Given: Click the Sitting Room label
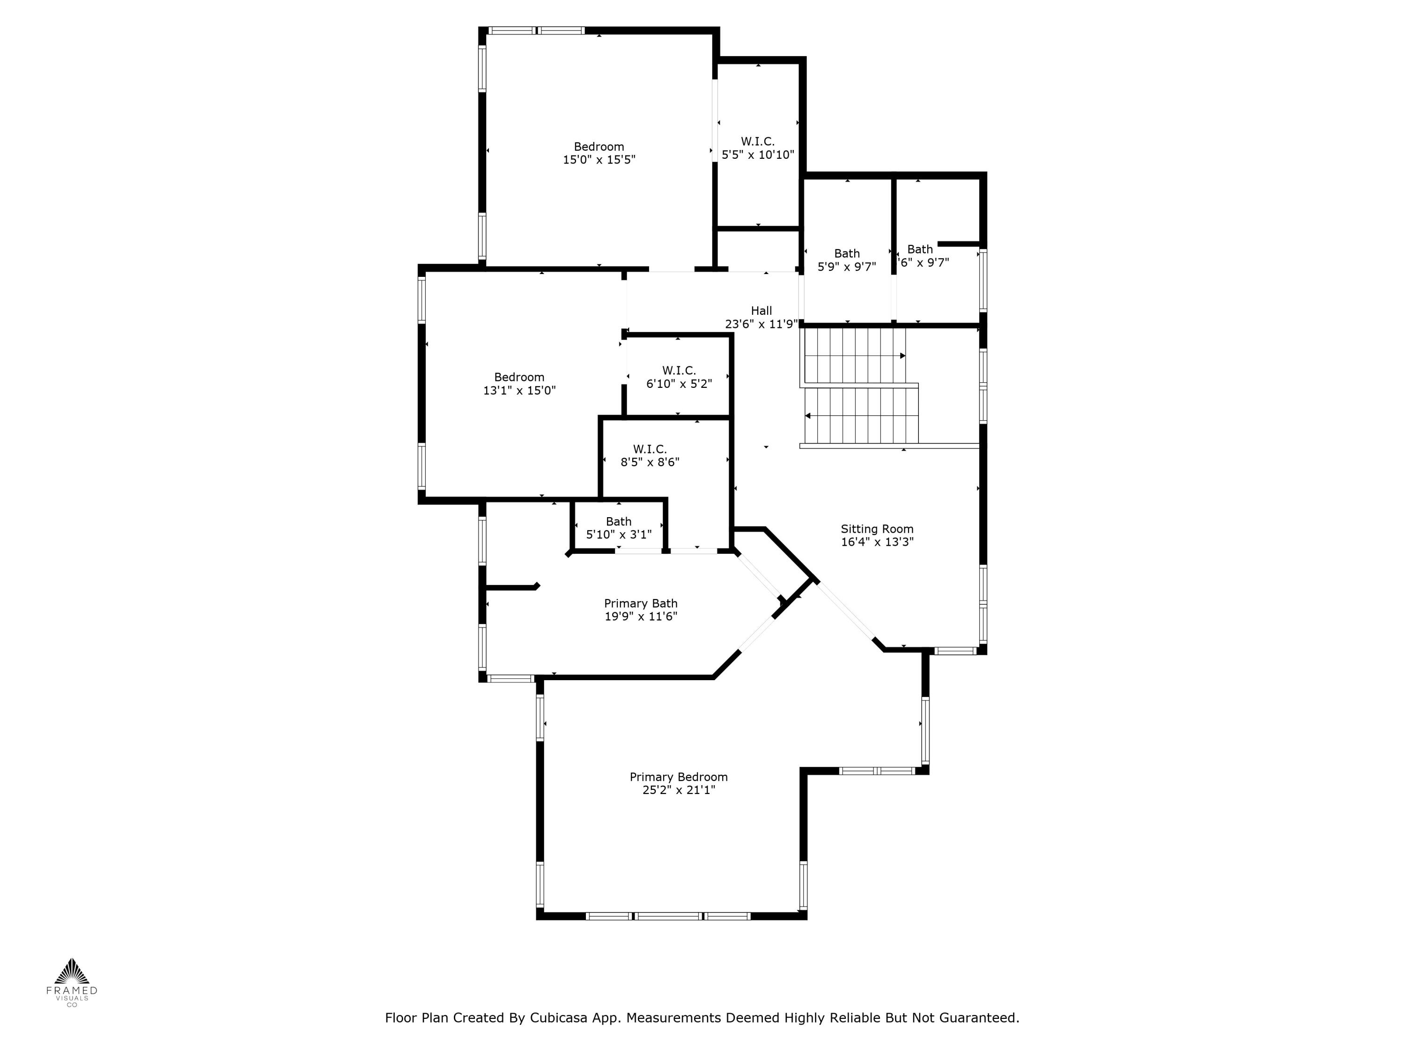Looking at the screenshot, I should pyautogui.click(x=877, y=528).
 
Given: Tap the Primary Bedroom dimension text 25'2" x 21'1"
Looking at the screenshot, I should pyautogui.click(x=678, y=790).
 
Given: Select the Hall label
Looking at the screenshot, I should pyautogui.click(x=761, y=311).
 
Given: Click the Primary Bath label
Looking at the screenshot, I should pyautogui.click(x=640, y=603).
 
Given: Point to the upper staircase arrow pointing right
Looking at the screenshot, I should pyautogui.click(x=902, y=356).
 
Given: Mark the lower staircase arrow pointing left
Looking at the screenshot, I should pyautogui.click(x=808, y=416).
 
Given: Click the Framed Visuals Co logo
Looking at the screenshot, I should pyautogui.click(x=72, y=981).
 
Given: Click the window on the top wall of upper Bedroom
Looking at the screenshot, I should pyautogui.click(x=537, y=30).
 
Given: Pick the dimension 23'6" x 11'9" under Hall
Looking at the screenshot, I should pyautogui.click(x=761, y=324).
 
